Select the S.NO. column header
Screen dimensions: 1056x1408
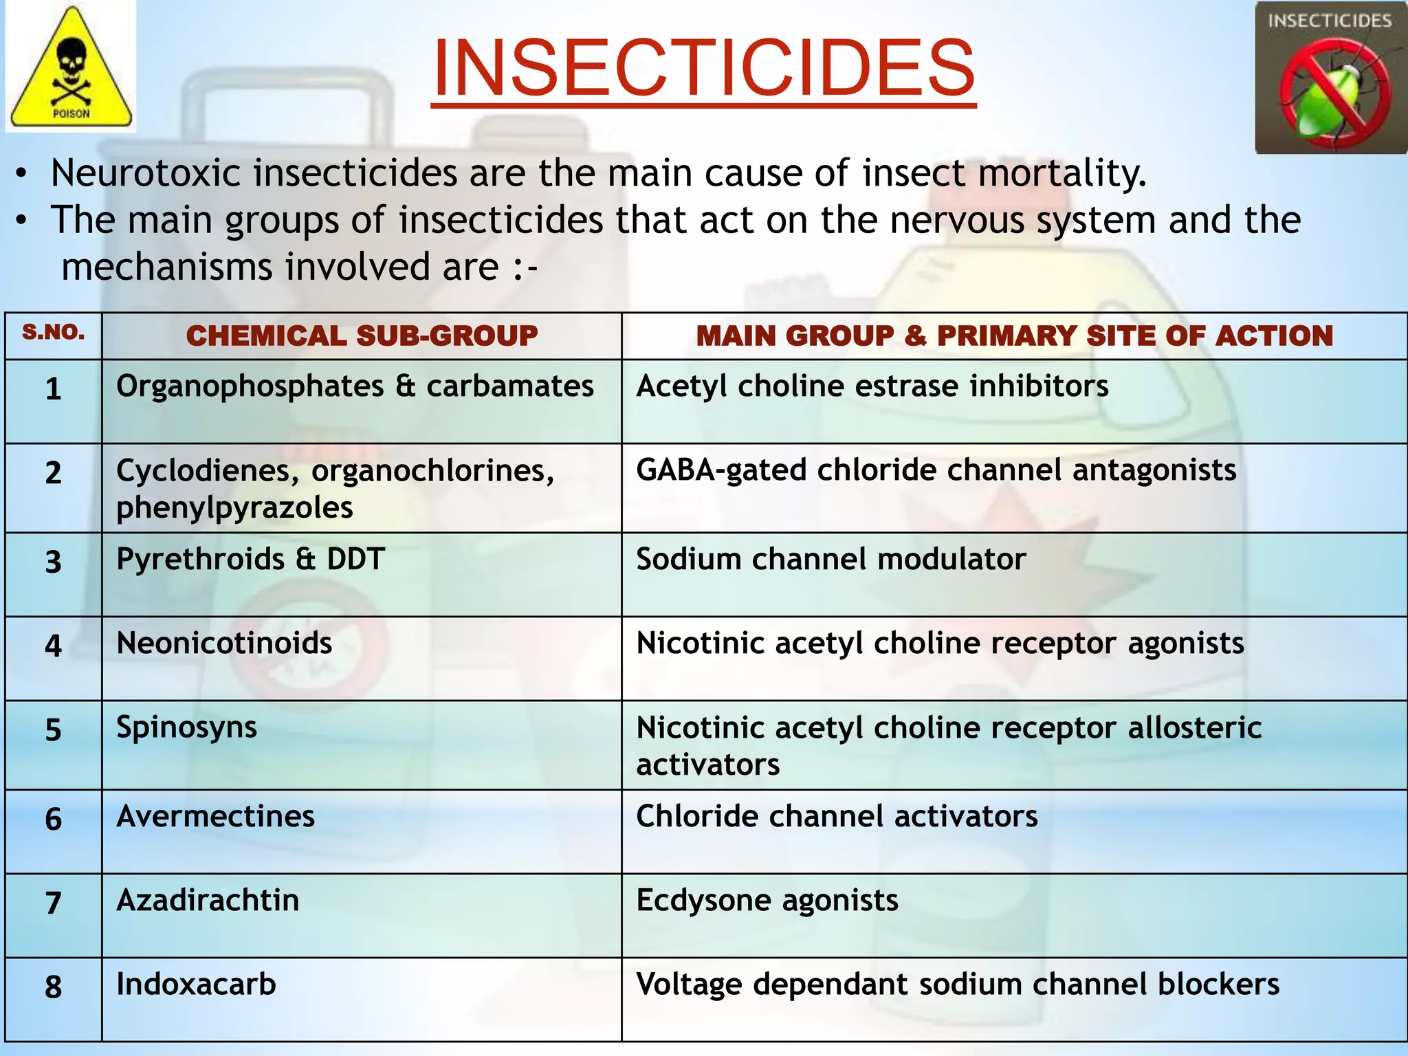54,333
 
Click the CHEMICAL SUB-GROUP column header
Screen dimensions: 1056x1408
362,335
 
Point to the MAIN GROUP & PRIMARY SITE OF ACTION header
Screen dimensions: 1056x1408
1014,335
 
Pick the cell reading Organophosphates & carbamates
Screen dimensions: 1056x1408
355,386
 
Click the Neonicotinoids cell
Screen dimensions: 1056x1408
224,643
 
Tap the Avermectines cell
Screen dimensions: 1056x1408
215,817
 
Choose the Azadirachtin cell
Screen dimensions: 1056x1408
208,901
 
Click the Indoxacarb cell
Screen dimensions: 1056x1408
196,984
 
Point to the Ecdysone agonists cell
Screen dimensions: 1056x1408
767,901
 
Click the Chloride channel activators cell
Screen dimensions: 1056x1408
837,817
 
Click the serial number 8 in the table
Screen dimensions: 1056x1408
54,987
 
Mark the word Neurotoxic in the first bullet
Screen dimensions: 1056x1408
146,173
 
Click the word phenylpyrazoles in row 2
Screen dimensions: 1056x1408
234,508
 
